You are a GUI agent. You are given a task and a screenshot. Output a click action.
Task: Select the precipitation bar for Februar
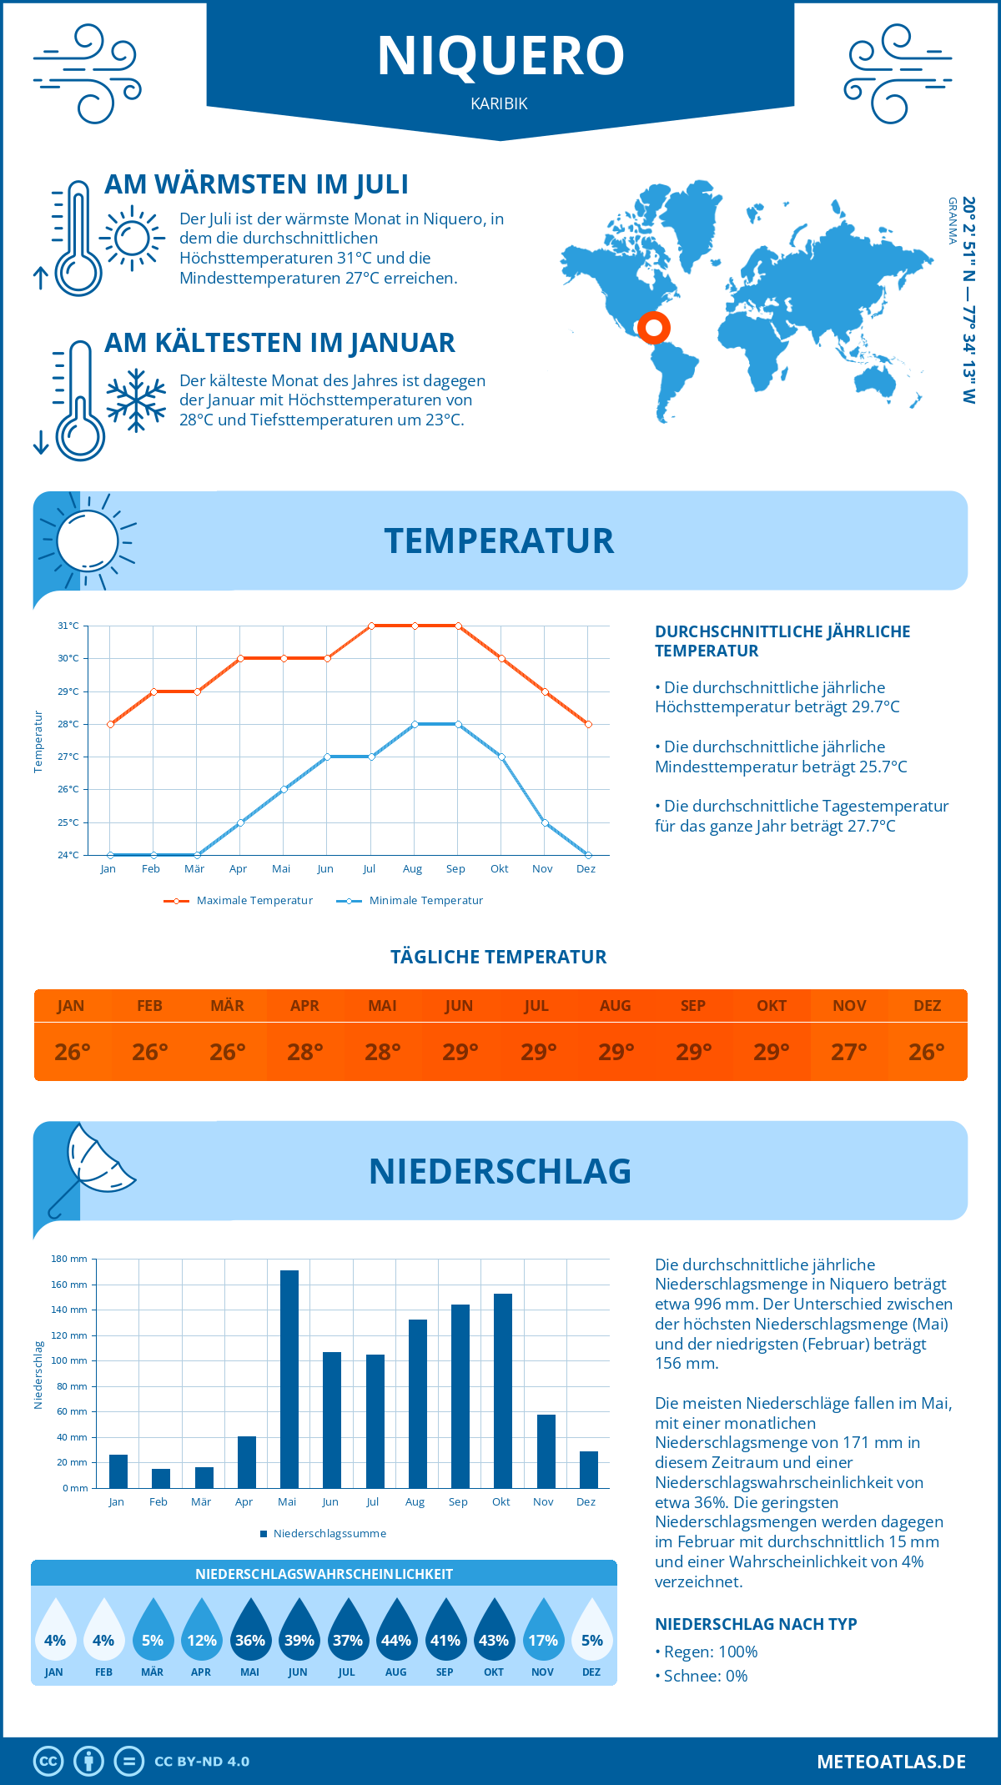[161, 1478]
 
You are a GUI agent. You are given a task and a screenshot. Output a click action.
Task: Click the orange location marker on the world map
[653, 328]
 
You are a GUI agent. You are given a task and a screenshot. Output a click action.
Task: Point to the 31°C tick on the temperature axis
[68, 626]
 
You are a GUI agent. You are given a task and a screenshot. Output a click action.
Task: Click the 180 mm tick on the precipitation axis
[70, 1259]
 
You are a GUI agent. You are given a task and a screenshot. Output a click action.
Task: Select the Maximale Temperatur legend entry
[239, 901]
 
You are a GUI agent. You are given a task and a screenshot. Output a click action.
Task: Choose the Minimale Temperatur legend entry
[410, 901]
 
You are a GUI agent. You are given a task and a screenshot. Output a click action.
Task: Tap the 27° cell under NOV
[849, 1052]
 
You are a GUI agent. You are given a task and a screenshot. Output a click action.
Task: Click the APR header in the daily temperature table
[305, 1006]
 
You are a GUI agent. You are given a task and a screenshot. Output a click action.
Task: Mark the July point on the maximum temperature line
[371, 626]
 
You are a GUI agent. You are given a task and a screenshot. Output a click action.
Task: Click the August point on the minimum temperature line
[415, 724]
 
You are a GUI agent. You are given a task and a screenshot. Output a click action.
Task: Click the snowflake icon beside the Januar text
[136, 400]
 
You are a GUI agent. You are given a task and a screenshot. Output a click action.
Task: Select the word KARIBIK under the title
[499, 103]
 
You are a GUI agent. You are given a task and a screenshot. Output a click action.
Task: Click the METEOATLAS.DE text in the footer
[891, 1762]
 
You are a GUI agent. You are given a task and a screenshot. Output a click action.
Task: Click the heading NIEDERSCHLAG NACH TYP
[756, 1624]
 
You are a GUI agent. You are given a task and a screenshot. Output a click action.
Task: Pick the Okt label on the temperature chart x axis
[499, 869]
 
